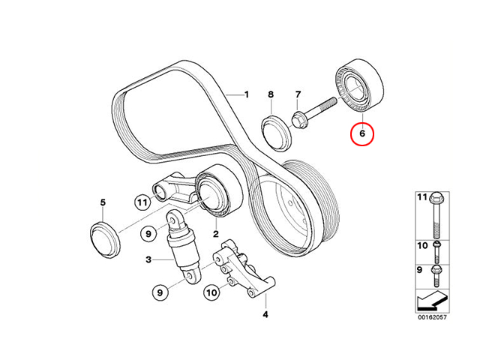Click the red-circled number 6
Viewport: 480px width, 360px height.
pyautogui.click(x=362, y=133)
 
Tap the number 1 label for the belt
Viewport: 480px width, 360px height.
pyautogui.click(x=247, y=94)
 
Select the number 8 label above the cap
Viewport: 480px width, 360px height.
pyautogui.click(x=271, y=94)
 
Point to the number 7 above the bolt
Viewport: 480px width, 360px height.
pyautogui.click(x=298, y=94)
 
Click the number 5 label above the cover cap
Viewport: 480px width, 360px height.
pyautogui.click(x=103, y=202)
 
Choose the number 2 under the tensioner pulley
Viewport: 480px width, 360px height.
pyautogui.click(x=216, y=234)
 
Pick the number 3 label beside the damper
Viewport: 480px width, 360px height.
pyautogui.click(x=148, y=260)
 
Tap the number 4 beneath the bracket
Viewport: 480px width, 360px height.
pyautogui.click(x=265, y=314)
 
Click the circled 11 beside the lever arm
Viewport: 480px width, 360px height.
pyautogui.click(x=142, y=202)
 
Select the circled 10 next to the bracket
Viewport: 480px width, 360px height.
pyautogui.click(x=211, y=292)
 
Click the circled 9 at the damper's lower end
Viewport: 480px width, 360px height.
pyautogui.click(x=160, y=292)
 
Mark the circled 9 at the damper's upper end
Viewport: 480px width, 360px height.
pyautogui.click(x=148, y=234)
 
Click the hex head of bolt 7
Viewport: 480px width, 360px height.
pyautogui.click(x=298, y=120)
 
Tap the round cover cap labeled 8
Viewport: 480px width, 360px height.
pyautogui.click(x=277, y=133)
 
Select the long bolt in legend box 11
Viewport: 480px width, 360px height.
pyautogui.click(x=436, y=215)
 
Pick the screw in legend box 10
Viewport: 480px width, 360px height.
pyautogui.click(x=436, y=252)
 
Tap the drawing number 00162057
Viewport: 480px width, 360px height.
pyautogui.click(x=433, y=317)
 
